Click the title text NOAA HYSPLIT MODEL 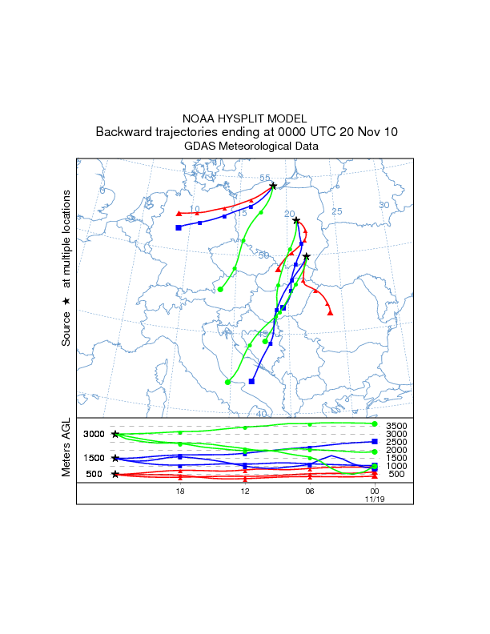[x=244, y=118]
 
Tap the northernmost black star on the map [x=273, y=187]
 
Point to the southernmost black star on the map [x=306, y=257]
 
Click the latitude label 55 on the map [x=265, y=178]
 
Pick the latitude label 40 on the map [x=261, y=414]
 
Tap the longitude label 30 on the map [x=384, y=205]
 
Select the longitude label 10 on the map [x=195, y=209]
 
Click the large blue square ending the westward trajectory [x=179, y=228]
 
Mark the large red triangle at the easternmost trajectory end [x=331, y=312]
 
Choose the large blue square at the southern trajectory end [x=251, y=381]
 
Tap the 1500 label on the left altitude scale [x=94, y=458]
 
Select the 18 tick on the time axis [x=180, y=489]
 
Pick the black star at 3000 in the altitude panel [x=115, y=434]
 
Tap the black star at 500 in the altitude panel [x=115, y=474]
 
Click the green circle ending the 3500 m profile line [x=375, y=423]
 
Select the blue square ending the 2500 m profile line [x=375, y=442]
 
